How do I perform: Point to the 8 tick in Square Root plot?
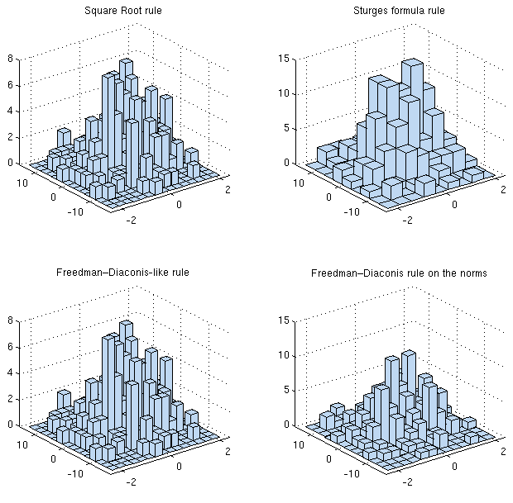[10, 59]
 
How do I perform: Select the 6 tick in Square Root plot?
[10, 85]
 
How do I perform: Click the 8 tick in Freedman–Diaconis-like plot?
[10, 320]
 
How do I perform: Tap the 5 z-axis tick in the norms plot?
[284, 390]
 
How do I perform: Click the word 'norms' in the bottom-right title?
[468, 272]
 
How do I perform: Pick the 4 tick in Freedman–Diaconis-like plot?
[10, 373]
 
